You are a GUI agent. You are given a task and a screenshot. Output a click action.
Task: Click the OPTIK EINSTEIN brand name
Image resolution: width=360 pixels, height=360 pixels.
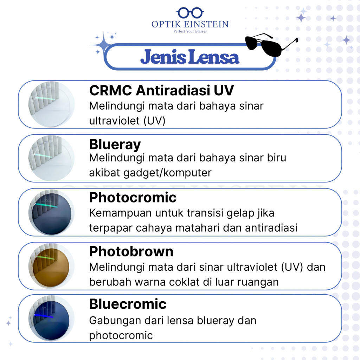tap(190, 24)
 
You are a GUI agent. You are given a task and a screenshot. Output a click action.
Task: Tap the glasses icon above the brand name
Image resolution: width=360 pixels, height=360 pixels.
tap(190, 13)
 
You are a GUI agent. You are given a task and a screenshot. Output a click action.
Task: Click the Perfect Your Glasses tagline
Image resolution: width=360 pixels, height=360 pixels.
tap(190, 31)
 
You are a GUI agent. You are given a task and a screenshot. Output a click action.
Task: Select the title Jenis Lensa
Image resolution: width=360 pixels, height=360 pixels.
tap(189, 57)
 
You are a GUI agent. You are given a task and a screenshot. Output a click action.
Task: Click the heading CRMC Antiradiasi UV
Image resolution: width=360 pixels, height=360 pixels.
tap(161, 90)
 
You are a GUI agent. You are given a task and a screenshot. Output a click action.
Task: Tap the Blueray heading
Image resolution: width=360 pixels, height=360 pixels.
tap(115, 144)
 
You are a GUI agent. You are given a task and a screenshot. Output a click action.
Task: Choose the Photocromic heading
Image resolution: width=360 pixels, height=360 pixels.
tap(133, 198)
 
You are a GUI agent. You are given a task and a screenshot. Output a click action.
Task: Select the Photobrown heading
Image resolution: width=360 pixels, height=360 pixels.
tap(131, 251)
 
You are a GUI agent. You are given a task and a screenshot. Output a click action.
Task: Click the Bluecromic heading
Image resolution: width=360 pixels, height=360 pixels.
tap(128, 304)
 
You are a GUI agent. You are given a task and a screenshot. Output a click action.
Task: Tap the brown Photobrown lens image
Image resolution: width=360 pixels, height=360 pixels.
tap(51, 266)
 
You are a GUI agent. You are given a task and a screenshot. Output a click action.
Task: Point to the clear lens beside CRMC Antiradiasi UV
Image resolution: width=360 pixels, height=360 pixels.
tap(51, 104)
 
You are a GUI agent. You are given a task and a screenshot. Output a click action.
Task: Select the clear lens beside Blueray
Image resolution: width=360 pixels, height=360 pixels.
tap(51, 159)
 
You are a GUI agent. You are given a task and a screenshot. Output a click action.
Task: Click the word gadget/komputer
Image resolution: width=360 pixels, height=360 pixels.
tap(167, 173)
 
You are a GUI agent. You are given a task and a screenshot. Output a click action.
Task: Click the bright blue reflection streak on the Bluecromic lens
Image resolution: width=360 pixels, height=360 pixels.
tap(44, 316)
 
